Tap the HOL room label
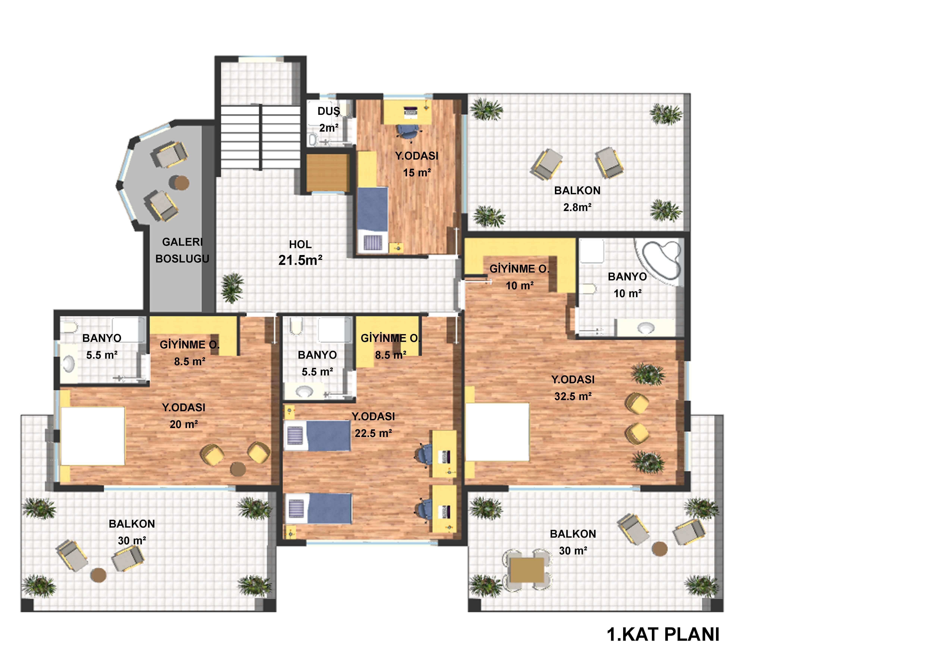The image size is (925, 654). pyautogui.click(x=300, y=244)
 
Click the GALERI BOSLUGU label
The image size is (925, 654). pyautogui.click(x=183, y=250)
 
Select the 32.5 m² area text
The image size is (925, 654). pyautogui.click(x=573, y=396)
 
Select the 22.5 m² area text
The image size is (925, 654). pyautogui.click(x=373, y=433)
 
